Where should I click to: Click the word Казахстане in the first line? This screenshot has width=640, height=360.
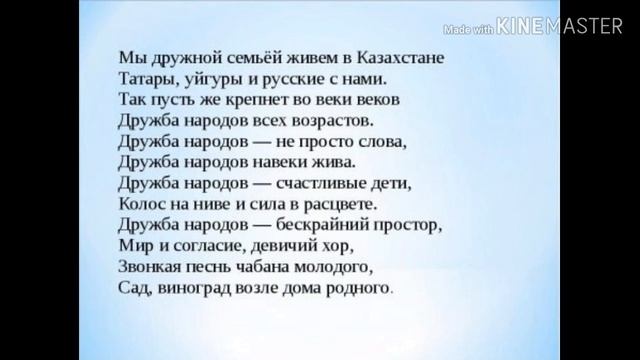coord(400,58)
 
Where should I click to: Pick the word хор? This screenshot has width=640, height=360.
coord(341,245)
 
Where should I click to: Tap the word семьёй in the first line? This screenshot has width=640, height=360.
coord(231,58)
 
